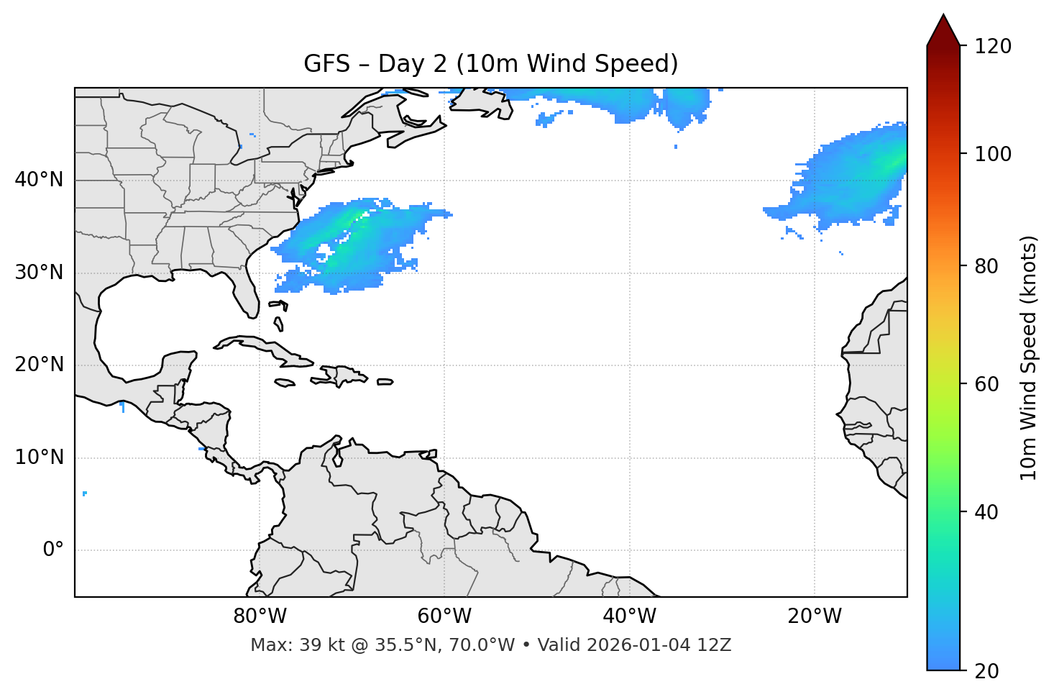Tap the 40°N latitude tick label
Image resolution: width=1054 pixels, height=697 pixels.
[39, 180]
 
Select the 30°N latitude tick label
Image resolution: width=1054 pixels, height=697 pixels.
[39, 273]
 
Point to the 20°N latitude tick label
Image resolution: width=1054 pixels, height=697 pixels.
[39, 365]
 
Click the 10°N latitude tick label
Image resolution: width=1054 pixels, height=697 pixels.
[39, 457]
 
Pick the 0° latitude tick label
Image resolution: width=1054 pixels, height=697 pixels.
[52, 550]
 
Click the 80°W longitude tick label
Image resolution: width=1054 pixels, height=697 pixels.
[260, 616]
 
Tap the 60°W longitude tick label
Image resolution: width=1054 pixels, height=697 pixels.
[444, 616]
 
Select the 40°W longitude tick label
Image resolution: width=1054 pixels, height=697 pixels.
[629, 616]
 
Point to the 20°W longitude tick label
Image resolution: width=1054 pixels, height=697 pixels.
[814, 616]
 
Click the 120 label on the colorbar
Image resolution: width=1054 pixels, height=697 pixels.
[992, 47]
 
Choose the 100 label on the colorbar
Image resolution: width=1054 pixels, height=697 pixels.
[992, 154]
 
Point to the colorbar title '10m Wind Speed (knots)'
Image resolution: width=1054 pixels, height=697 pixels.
[1029, 357]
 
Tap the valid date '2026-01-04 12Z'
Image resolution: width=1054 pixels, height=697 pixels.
[659, 645]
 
